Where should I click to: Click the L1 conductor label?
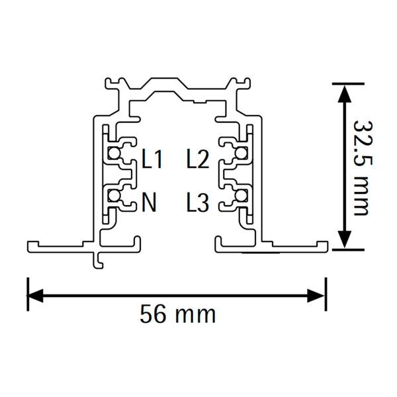tap(152, 159)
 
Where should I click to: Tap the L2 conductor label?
tap(198, 159)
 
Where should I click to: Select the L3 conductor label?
tap(198, 202)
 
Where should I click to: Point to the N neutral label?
tap(149, 202)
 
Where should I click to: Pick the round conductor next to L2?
tap(241, 153)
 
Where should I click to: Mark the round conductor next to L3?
tap(241, 196)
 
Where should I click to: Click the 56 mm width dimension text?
tap(178, 314)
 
